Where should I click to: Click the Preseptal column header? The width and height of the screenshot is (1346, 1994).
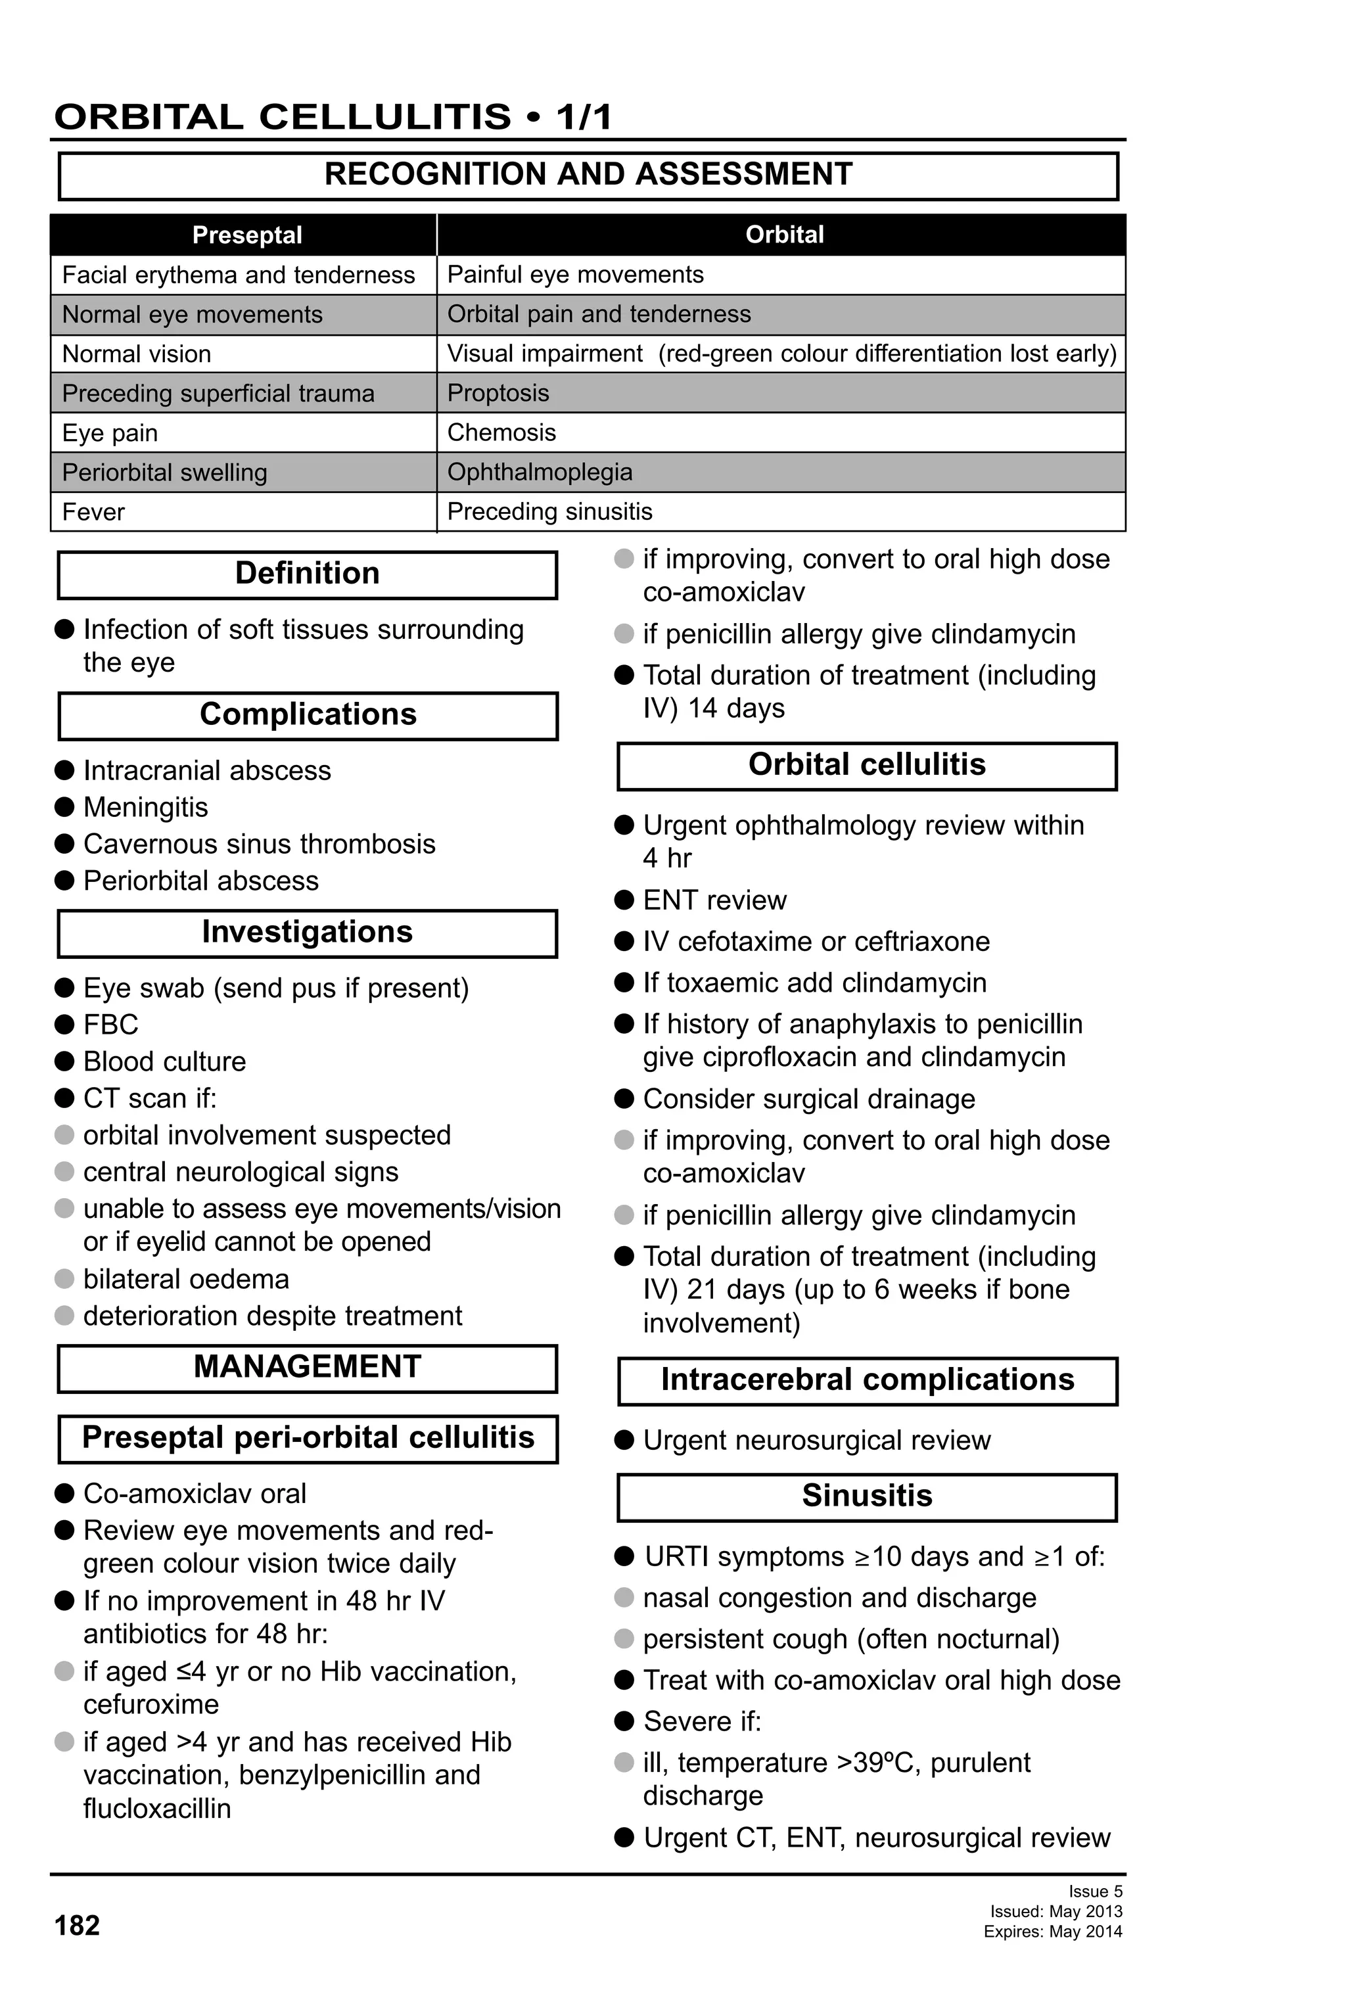[x=246, y=235]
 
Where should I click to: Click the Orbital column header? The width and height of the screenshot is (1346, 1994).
[x=783, y=235]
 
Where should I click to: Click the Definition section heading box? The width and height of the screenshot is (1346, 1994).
[x=307, y=574]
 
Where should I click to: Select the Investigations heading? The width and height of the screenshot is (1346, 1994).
[x=307, y=933]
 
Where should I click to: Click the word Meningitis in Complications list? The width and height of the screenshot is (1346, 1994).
[x=145, y=807]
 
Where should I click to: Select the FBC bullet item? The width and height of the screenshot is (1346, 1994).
[x=110, y=1025]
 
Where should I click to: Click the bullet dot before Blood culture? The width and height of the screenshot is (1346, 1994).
[x=64, y=1061]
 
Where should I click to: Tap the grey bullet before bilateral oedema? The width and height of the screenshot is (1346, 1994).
[x=64, y=1280]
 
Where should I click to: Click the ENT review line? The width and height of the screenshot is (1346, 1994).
[x=714, y=900]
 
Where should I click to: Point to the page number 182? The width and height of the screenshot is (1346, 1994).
[x=77, y=1926]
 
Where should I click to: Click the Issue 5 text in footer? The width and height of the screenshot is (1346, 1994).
[x=1095, y=1891]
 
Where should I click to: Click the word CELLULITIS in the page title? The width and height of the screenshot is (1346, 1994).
[x=384, y=117]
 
